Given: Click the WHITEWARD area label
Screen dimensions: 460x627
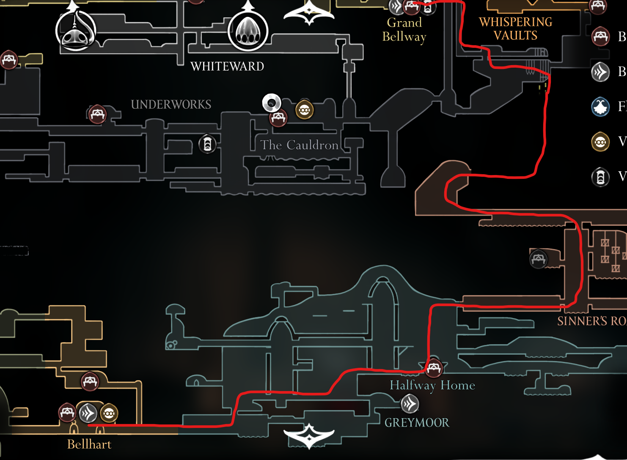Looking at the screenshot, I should coord(227,66).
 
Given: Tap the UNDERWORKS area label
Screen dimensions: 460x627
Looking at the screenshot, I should coord(171,104).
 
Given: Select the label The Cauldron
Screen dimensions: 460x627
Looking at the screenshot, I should coord(299,145).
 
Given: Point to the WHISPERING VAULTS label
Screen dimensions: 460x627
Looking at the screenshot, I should coord(515,28).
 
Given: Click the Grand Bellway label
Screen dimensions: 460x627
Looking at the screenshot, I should coord(404,29).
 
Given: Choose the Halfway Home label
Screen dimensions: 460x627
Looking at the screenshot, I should coord(432,385).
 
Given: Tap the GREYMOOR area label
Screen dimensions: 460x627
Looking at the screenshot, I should coord(417,422).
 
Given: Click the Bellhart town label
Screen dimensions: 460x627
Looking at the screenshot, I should coord(89,444).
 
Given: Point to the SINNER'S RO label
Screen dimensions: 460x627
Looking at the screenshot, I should coord(591,321).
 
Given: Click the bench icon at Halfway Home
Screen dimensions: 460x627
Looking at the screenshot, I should coord(434,368).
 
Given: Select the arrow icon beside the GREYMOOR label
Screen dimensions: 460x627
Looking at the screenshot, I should coord(410,404).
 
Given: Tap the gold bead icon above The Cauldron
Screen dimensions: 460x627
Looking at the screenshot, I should coord(304,110).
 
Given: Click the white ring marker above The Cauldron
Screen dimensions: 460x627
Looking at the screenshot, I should coord(271,102).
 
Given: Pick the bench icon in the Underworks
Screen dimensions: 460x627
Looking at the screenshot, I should coord(97,114).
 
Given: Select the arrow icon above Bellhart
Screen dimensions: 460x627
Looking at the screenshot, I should coord(88,413).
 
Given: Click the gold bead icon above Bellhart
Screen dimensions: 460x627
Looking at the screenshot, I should coord(109,413).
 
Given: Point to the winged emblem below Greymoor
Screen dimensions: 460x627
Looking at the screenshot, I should coord(309,435).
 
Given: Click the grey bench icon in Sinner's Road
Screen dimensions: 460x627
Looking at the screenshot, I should coord(538,258).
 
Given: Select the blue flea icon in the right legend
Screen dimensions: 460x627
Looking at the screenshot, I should coord(600,107).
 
